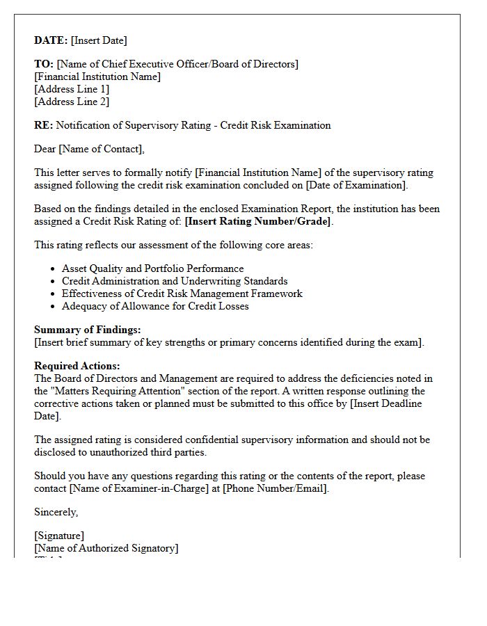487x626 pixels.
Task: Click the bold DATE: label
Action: [51, 40]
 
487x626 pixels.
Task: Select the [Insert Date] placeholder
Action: [99, 40]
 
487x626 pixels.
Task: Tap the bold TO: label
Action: [44, 64]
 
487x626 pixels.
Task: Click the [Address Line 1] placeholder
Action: [72, 89]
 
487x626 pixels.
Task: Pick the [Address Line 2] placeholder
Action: [72, 102]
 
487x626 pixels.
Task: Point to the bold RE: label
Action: [44, 125]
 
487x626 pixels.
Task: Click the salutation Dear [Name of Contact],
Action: [89, 149]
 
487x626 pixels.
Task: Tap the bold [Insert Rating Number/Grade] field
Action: [258, 221]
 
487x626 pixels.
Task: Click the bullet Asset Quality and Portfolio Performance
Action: [152, 268]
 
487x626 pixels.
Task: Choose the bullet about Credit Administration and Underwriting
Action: [175, 281]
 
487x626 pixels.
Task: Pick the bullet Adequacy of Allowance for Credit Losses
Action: [155, 306]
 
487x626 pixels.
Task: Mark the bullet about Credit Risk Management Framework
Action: [182, 294]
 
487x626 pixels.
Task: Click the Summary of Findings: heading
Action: [87, 330]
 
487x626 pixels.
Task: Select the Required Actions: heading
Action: [77, 366]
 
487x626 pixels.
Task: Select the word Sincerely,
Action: [56, 512]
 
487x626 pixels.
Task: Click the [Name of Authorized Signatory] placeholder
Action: [106, 548]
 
